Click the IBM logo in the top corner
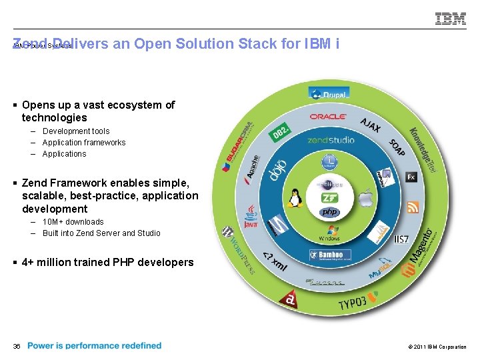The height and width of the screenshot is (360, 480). point(451,19)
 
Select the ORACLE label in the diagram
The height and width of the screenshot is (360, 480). point(328,117)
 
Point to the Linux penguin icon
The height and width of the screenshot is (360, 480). point(294,197)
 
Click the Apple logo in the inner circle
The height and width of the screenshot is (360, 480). point(364,197)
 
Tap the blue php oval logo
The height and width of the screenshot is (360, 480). point(329,212)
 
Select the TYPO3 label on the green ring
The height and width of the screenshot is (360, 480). point(353,303)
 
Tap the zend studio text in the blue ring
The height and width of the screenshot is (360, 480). point(331,140)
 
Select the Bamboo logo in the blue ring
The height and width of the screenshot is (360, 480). point(330,255)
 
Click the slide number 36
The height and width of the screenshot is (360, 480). point(17,346)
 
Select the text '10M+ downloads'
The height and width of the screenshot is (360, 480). point(73,222)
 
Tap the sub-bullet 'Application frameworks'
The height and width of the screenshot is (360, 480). point(83,143)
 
